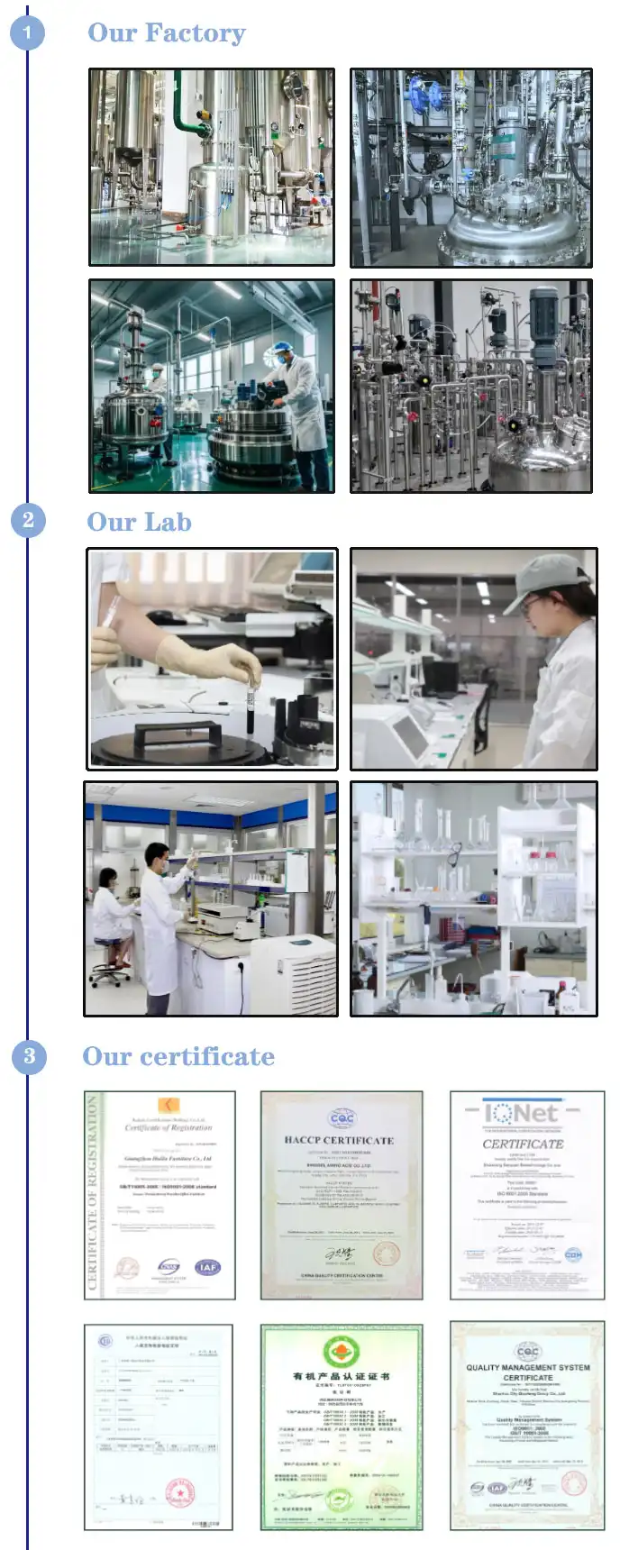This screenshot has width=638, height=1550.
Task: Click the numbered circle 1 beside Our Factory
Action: [x=27, y=33]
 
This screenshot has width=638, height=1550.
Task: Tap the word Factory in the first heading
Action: [x=195, y=33]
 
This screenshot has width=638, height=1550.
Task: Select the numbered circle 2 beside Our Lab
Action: [x=28, y=520]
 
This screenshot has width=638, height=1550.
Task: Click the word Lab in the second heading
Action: [x=169, y=522]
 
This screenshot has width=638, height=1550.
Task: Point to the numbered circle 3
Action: [x=29, y=1055]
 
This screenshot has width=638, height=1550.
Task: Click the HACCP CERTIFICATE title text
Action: [x=339, y=1140]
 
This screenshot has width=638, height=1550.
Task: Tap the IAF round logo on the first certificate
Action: [x=207, y=1266]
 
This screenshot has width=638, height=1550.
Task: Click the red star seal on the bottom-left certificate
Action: [x=180, y=1492]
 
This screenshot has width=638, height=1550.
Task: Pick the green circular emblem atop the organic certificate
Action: [x=341, y=1352]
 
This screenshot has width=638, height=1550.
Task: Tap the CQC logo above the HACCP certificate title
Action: [x=342, y=1117]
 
